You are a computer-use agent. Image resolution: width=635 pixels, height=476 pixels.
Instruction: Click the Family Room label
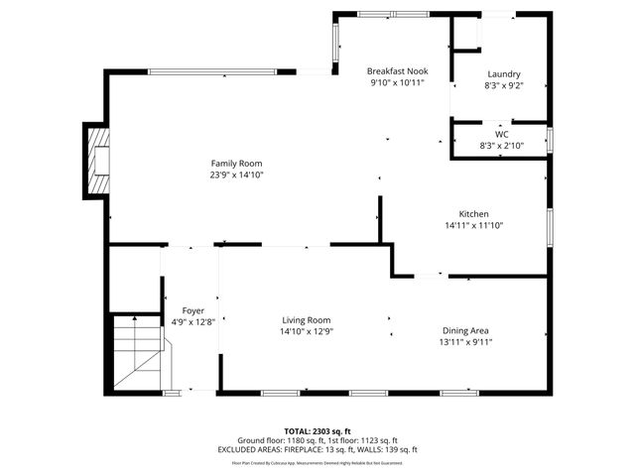pyautogui.click(x=236, y=164)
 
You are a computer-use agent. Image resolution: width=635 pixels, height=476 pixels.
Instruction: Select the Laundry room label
pyautogui.click(x=503, y=74)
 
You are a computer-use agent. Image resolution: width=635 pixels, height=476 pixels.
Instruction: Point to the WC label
pyautogui.click(x=501, y=134)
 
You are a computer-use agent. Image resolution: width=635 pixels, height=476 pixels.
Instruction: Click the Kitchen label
pyautogui.click(x=473, y=214)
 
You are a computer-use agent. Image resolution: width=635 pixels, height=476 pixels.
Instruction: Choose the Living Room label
pyautogui.click(x=306, y=319)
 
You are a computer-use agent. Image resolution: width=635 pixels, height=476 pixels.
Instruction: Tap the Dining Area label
pyautogui.click(x=465, y=330)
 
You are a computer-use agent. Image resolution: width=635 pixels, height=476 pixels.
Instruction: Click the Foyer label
pyautogui.click(x=192, y=310)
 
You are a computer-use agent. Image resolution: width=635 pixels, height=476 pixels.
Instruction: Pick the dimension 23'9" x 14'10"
pyautogui.click(x=236, y=176)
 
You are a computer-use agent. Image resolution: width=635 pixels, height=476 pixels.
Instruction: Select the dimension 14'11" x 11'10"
pyautogui.click(x=474, y=226)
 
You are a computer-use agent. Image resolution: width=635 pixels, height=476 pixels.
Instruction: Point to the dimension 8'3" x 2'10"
pyautogui.click(x=501, y=146)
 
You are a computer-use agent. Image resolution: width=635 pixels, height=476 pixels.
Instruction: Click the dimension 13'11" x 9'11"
pyautogui.click(x=465, y=342)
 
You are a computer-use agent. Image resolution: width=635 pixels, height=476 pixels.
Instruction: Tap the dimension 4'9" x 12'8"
pyautogui.click(x=192, y=321)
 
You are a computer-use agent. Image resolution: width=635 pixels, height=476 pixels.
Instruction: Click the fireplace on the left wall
pyautogui.click(x=97, y=161)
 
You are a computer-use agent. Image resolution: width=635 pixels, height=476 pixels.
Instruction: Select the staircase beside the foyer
pyautogui.click(x=136, y=352)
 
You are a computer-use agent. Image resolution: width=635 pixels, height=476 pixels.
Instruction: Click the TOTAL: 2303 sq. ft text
pyautogui.click(x=317, y=430)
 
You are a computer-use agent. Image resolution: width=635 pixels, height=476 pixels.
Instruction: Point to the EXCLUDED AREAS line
pyautogui.click(x=317, y=450)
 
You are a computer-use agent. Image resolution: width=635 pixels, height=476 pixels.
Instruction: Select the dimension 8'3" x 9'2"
pyautogui.click(x=503, y=86)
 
